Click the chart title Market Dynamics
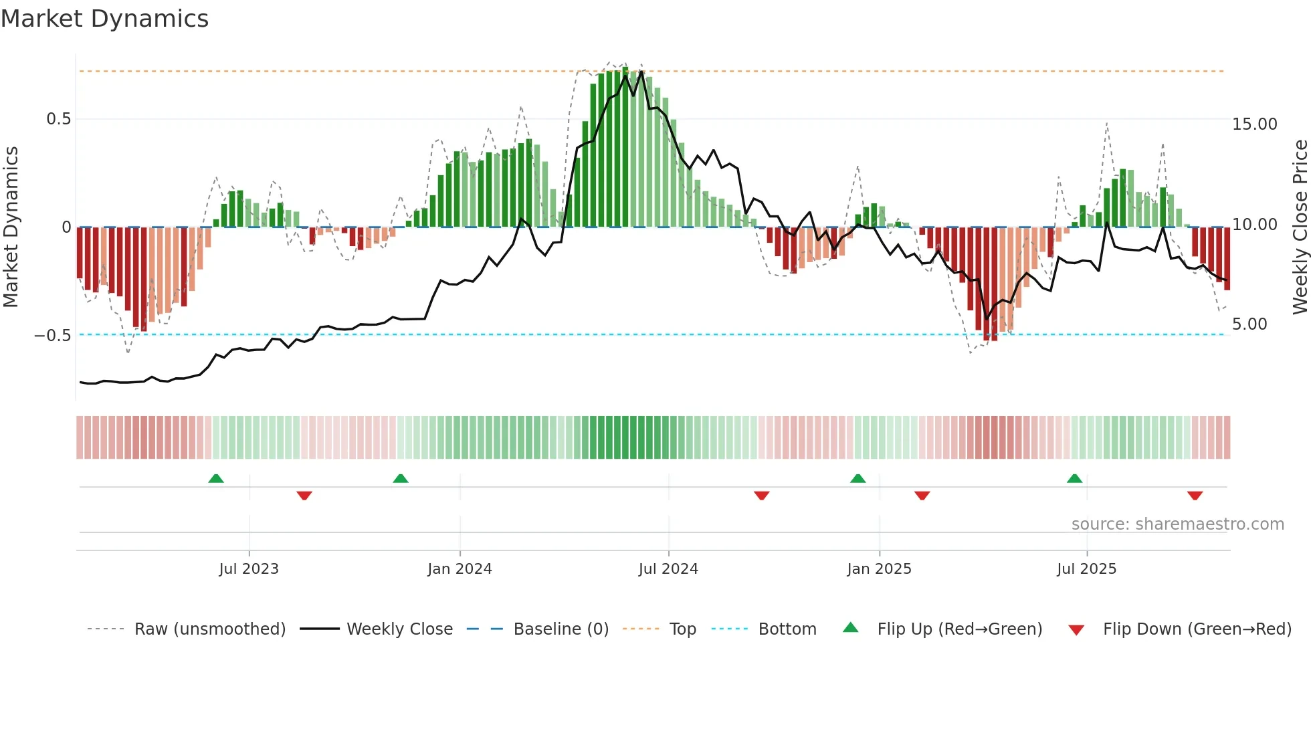(x=104, y=19)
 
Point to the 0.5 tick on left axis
(x=58, y=119)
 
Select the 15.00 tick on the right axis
(x=1254, y=124)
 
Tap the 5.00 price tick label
(x=1249, y=324)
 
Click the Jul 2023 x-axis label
(x=249, y=569)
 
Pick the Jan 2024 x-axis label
(x=460, y=569)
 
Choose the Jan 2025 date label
(x=879, y=569)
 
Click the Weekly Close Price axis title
(x=1300, y=227)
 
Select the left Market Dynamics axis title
(x=11, y=227)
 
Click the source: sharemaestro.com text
(x=1177, y=524)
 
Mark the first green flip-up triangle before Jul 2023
(x=216, y=479)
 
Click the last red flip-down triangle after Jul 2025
(x=1195, y=496)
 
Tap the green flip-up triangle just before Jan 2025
(x=858, y=479)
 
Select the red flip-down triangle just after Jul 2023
(x=304, y=496)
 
